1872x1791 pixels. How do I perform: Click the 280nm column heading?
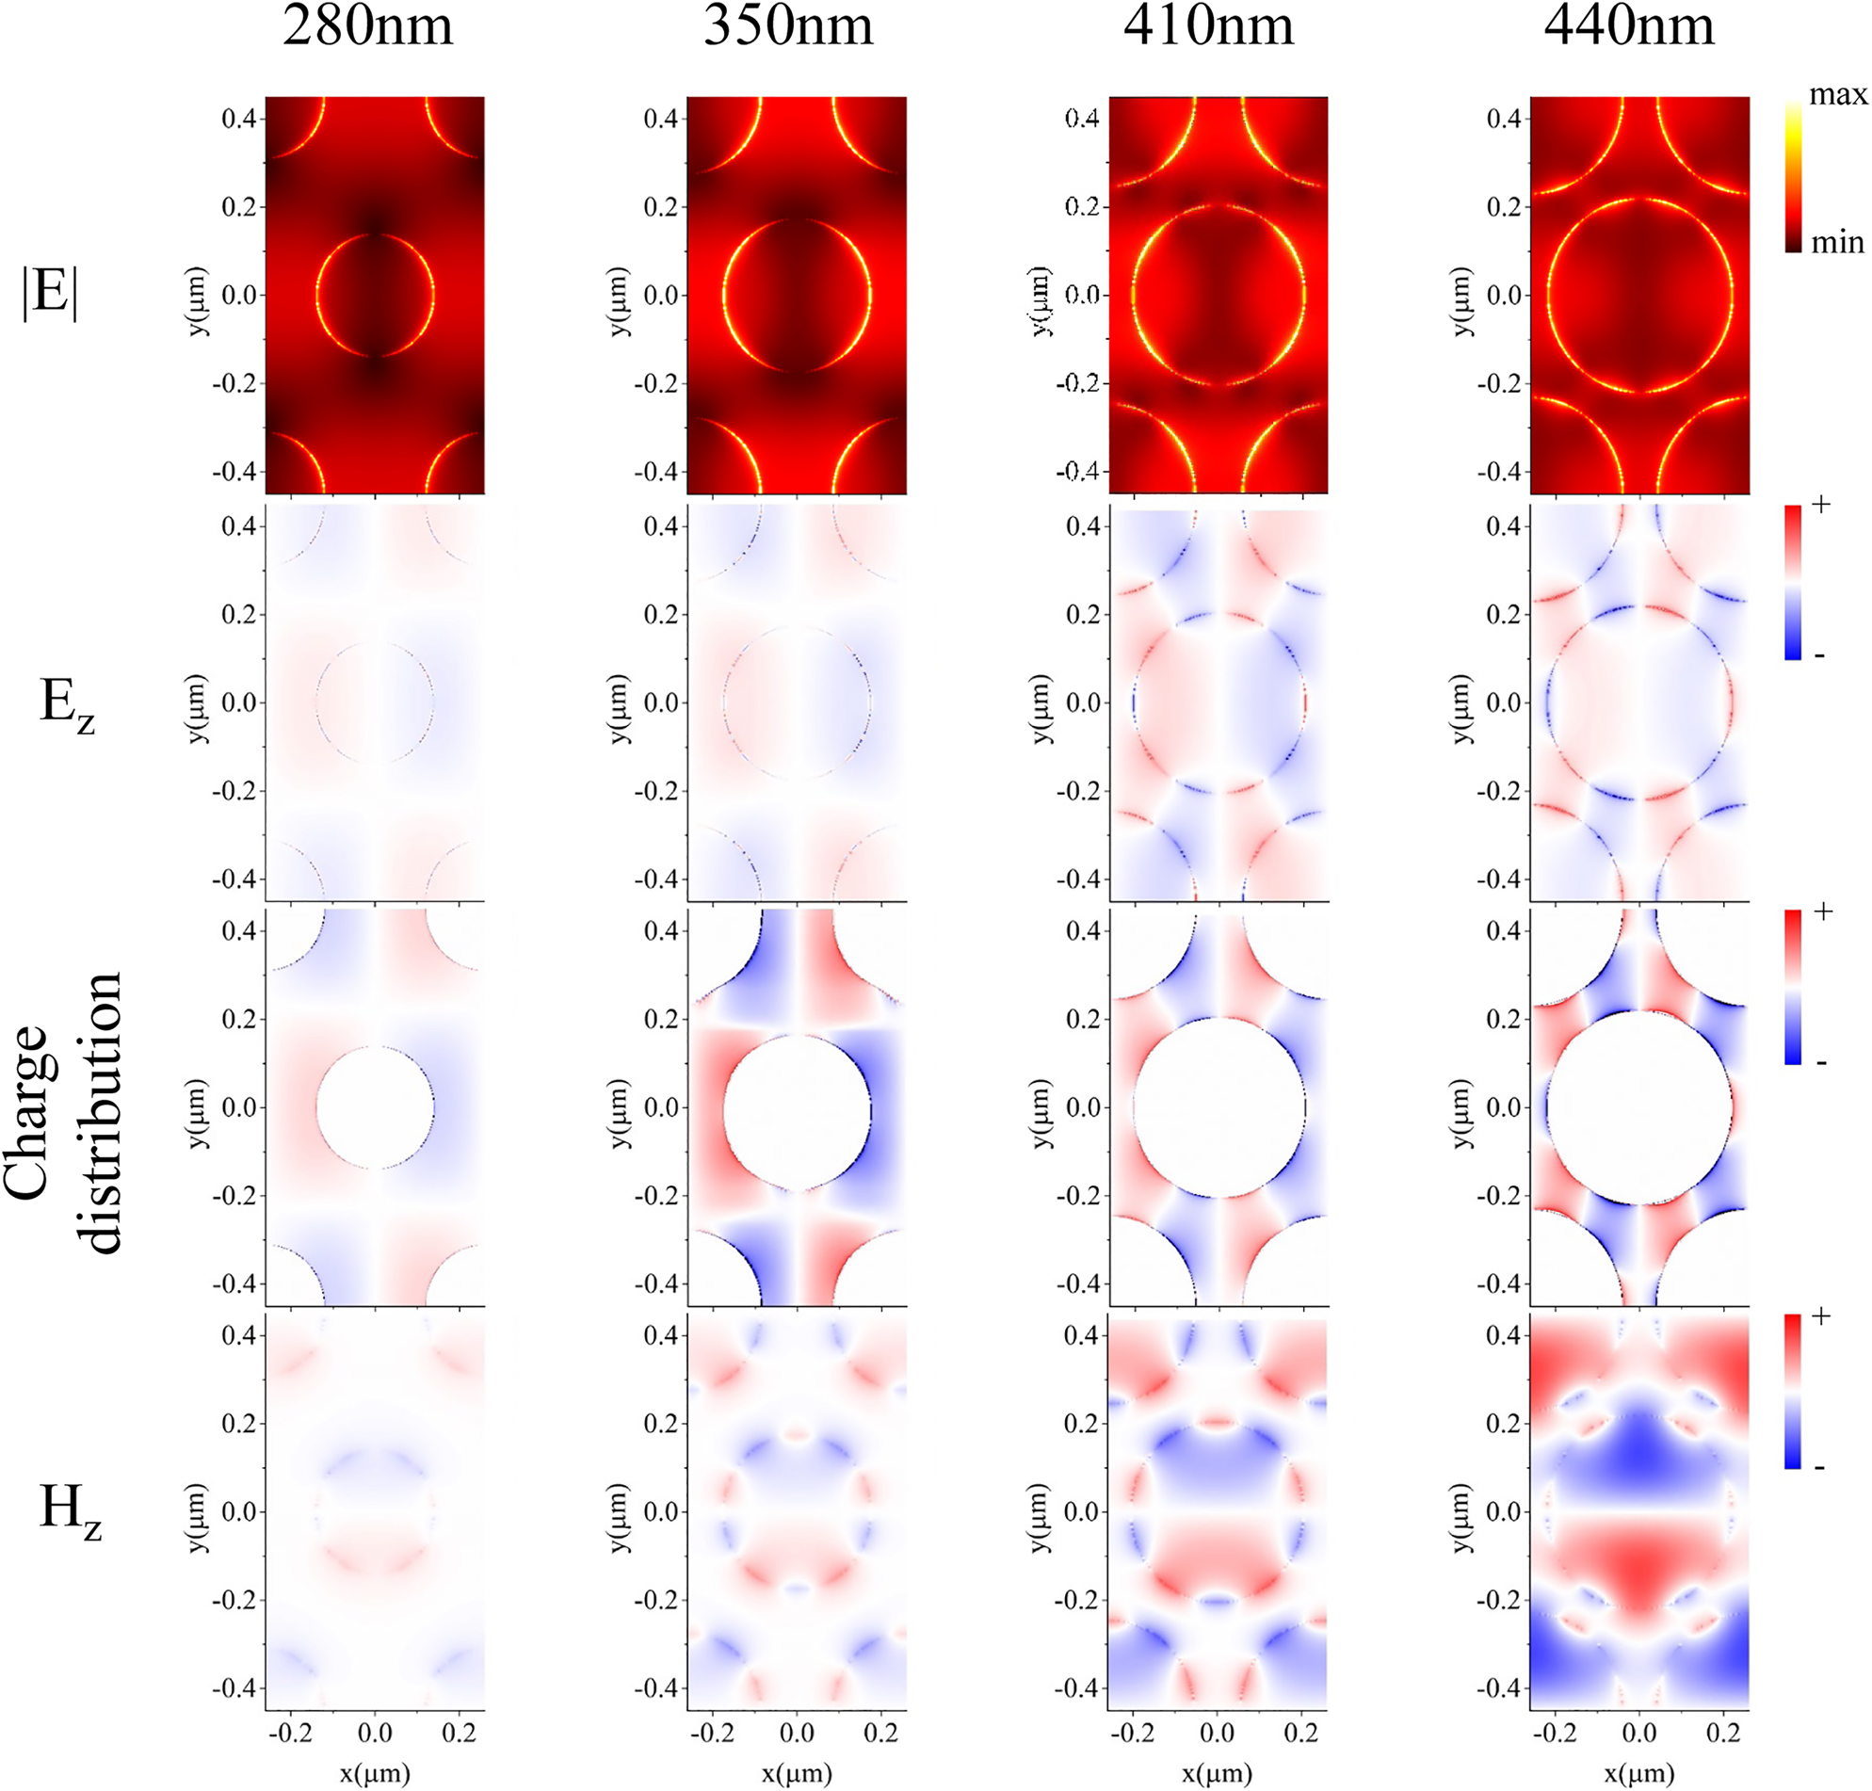click(367, 26)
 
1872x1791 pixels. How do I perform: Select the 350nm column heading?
click(788, 26)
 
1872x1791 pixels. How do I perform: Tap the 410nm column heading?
click(1208, 26)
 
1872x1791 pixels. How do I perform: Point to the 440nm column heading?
click(1630, 26)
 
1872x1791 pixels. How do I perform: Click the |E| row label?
click(50, 292)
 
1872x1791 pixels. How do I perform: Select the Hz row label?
click(70, 1512)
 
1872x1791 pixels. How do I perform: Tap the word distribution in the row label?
click(101, 1112)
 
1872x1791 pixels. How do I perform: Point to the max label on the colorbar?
click(1838, 95)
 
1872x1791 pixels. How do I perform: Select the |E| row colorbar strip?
click(1793, 177)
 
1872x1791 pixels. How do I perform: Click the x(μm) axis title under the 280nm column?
click(375, 1774)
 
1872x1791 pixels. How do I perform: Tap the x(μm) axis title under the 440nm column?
click(1639, 1774)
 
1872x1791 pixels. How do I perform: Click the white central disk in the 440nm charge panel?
click(1639, 1107)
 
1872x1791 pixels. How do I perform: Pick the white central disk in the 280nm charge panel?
click(375, 1107)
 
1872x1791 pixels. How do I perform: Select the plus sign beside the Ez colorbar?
click(1821, 505)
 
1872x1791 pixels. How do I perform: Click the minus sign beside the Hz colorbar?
click(1819, 1467)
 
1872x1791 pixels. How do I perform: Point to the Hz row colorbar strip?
click(1793, 1391)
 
